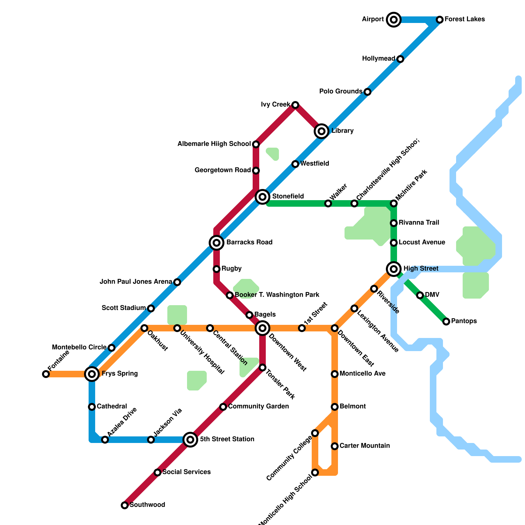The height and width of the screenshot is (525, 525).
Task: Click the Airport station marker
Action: tap(394, 20)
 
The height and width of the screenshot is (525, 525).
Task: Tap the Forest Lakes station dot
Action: tap(440, 20)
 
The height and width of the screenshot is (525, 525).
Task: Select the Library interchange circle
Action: tap(322, 131)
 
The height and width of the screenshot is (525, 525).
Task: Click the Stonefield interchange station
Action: tap(262, 197)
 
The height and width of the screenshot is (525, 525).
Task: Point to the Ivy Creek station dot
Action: tap(295, 105)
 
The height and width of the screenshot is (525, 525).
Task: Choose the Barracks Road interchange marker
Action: tap(217, 243)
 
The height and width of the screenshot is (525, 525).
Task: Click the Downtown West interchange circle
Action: tap(262, 328)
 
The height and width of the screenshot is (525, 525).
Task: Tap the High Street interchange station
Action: tap(394, 269)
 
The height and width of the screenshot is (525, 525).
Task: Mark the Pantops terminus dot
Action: tap(446, 322)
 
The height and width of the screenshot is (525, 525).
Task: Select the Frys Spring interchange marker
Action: tap(92, 374)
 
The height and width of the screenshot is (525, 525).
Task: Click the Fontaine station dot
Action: tap(46, 374)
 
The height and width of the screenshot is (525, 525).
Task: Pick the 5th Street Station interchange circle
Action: tap(190, 440)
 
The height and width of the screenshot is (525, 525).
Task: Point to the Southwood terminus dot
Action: tap(125, 505)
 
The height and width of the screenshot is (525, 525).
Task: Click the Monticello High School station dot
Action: tap(315, 472)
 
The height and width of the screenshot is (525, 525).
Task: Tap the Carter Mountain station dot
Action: tap(335, 446)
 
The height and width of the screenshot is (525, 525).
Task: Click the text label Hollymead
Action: tap(379, 59)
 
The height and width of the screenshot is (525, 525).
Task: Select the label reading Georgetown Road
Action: tap(223, 170)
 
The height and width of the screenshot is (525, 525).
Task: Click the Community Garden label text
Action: tap(259, 407)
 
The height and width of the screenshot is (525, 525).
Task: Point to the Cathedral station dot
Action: tap(92, 407)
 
